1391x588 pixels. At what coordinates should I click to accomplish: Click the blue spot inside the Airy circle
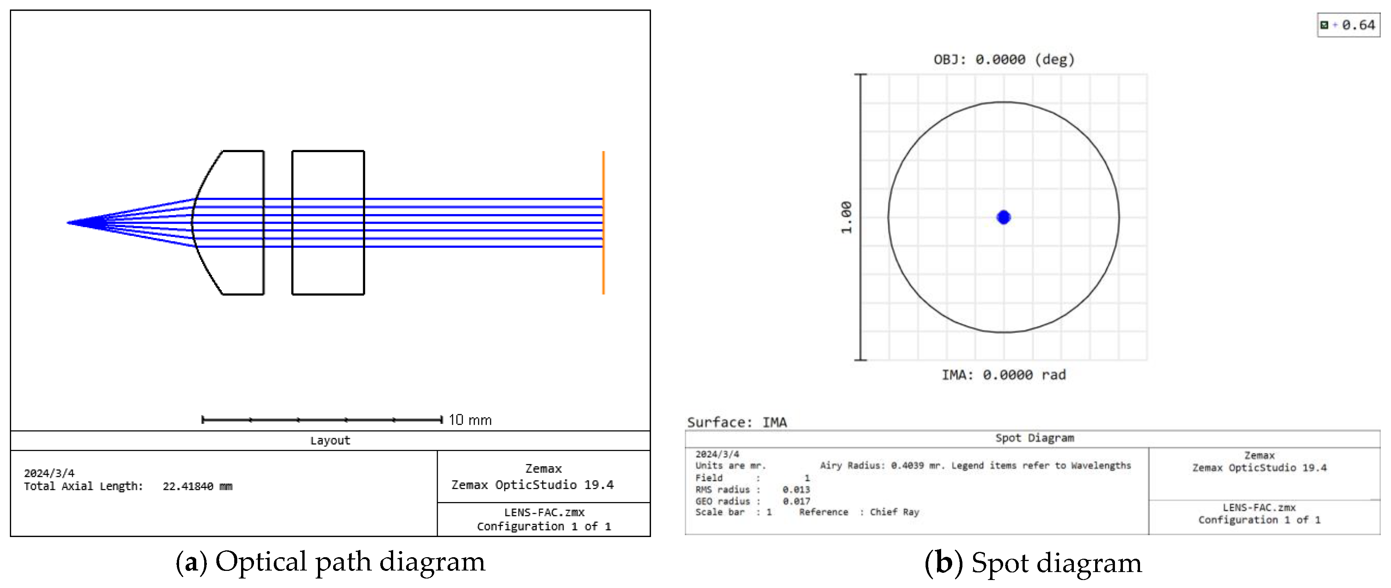point(1003,217)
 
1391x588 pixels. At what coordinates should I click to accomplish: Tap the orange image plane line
point(603,222)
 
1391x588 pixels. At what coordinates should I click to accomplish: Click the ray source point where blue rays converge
point(68,222)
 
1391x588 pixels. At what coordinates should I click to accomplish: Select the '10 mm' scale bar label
point(470,420)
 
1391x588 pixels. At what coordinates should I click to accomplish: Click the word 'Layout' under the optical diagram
point(330,440)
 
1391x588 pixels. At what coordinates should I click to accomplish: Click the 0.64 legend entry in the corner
point(1358,25)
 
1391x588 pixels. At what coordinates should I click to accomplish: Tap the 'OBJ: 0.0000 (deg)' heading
point(1004,59)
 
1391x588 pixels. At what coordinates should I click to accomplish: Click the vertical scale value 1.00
point(846,217)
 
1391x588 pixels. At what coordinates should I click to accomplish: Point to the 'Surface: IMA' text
point(737,422)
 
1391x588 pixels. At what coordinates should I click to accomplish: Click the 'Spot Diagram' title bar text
point(1034,438)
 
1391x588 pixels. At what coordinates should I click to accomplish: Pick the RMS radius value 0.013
point(796,490)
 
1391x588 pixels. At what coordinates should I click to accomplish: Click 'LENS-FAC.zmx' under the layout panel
point(544,512)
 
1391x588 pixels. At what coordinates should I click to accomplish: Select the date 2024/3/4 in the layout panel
point(49,473)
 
